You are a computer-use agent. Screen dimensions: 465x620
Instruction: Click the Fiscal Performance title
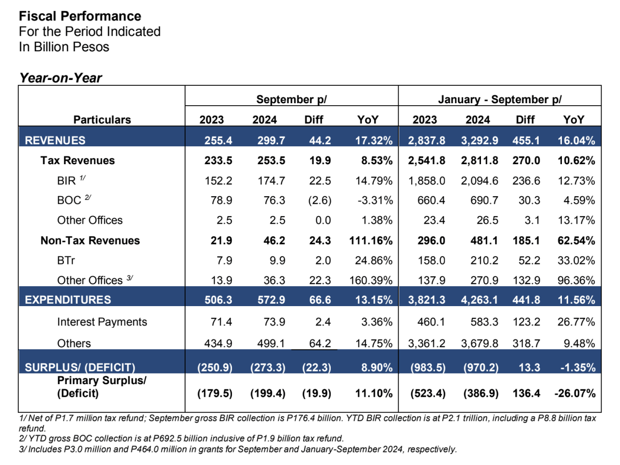click(x=80, y=16)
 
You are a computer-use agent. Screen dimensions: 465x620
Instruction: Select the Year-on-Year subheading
click(x=61, y=78)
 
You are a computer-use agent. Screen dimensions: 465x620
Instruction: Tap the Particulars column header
click(x=102, y=120)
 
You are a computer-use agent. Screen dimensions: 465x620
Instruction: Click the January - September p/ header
click(x=499, y=99)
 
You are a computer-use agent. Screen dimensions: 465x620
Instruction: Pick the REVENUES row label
click(x=55, y=140)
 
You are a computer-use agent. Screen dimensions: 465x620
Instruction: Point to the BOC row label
click(x=69, y=201)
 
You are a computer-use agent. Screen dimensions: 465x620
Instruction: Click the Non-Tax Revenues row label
click(x=90, y=241)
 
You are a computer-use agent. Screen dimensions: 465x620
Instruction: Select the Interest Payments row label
click(x=102, y=322)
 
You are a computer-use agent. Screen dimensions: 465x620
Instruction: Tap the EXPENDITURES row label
click(x=68, y=300)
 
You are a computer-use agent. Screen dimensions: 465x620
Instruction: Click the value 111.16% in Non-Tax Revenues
click(x=371, y=241)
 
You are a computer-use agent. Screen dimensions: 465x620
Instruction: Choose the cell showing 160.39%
click(x=371, y=280)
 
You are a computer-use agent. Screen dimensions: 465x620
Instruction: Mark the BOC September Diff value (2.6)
click(x=320, y=201)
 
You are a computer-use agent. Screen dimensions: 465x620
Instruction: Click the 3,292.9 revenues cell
click(x=479, y=140)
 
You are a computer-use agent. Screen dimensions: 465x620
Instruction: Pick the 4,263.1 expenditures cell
click(x=479, y=300)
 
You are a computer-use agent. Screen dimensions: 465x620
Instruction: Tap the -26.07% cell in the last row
click(x=575, y=393)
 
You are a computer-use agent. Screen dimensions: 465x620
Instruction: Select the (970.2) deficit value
click(x=480, y=368)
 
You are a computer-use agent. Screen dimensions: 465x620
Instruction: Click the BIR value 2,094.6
click(x=479, y=181)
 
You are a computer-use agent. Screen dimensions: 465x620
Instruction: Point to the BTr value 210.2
click(x=484, y=261)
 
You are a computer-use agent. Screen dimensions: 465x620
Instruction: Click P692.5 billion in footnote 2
click(x=177, y=438)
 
